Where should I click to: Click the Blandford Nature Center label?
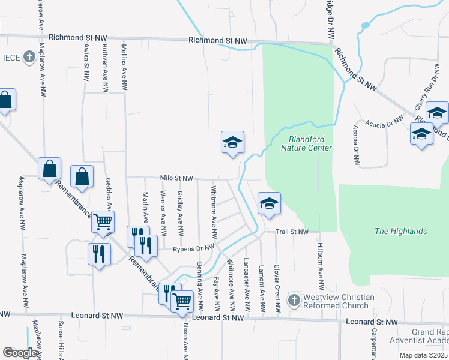306,143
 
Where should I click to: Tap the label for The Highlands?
400,231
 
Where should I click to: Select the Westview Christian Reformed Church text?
340,301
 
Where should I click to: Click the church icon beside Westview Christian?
294,299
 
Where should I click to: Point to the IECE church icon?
28,57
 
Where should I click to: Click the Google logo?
19,353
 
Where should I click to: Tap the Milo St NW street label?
176,178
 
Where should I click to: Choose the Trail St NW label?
292,232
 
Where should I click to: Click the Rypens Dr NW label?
193,248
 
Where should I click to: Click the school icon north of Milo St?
232,143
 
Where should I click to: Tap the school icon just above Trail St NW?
269,203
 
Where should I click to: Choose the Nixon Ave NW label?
185,338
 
